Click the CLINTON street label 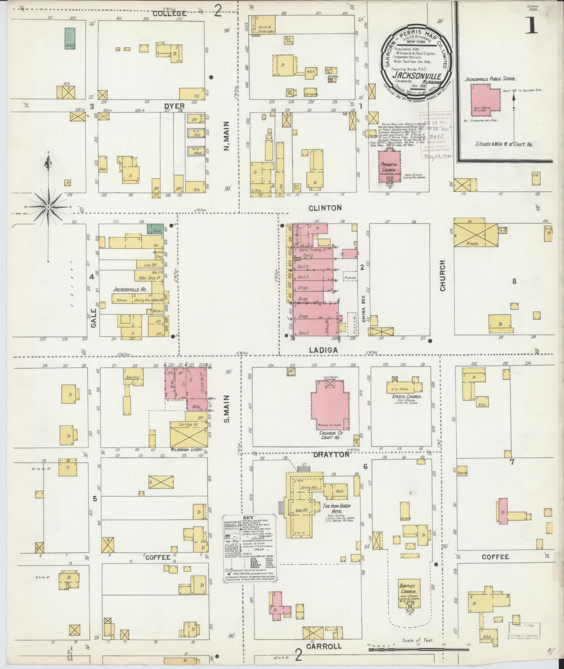pos(325,208)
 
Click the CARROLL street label pos(324,647)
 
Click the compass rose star pos(48,207)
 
